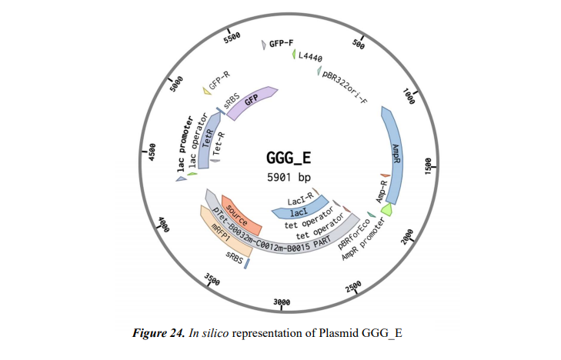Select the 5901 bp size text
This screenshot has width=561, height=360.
(287, 178)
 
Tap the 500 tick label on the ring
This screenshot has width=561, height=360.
(358, 43)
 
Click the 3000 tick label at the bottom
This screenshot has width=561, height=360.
(283, 302)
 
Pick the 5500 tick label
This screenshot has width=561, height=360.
(232, 37)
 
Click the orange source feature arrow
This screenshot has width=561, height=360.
(242, 217)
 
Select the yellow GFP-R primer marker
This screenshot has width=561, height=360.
(206, 92)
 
